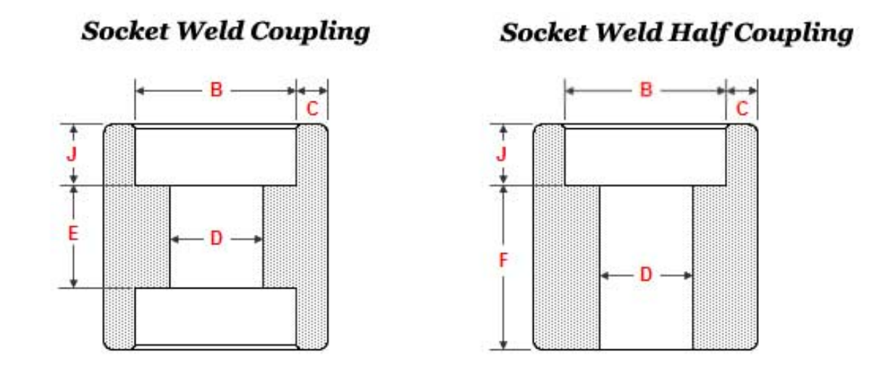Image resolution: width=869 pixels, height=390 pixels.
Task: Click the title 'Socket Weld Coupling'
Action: [x=225, y=31]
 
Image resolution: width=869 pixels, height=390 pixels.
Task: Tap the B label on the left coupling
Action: [x=216, y=91]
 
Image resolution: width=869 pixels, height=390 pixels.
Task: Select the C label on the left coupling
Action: [x=312, y=109]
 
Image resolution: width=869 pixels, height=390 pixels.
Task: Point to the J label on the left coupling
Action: [x=72, y=154]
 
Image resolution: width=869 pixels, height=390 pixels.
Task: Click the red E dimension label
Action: [x=72, y=234]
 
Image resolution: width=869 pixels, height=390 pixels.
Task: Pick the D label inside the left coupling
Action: [x=216, y=238]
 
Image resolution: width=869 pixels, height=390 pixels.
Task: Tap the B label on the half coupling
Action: [x=645, y=91]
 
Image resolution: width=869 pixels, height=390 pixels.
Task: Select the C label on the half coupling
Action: [x=742, y=109]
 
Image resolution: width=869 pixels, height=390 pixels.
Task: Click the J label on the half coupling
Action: [x=501, y=154]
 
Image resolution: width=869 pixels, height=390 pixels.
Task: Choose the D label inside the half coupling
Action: [x=646, y=275]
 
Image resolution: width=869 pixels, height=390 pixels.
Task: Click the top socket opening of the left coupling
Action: [x=216, y=156]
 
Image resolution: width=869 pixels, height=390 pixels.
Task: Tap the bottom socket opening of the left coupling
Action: [x=216, y=317]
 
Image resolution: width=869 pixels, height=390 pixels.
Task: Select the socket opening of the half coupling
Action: [x=645, y=156]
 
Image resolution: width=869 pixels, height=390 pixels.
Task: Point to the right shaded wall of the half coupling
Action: [x=724, y=268]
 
